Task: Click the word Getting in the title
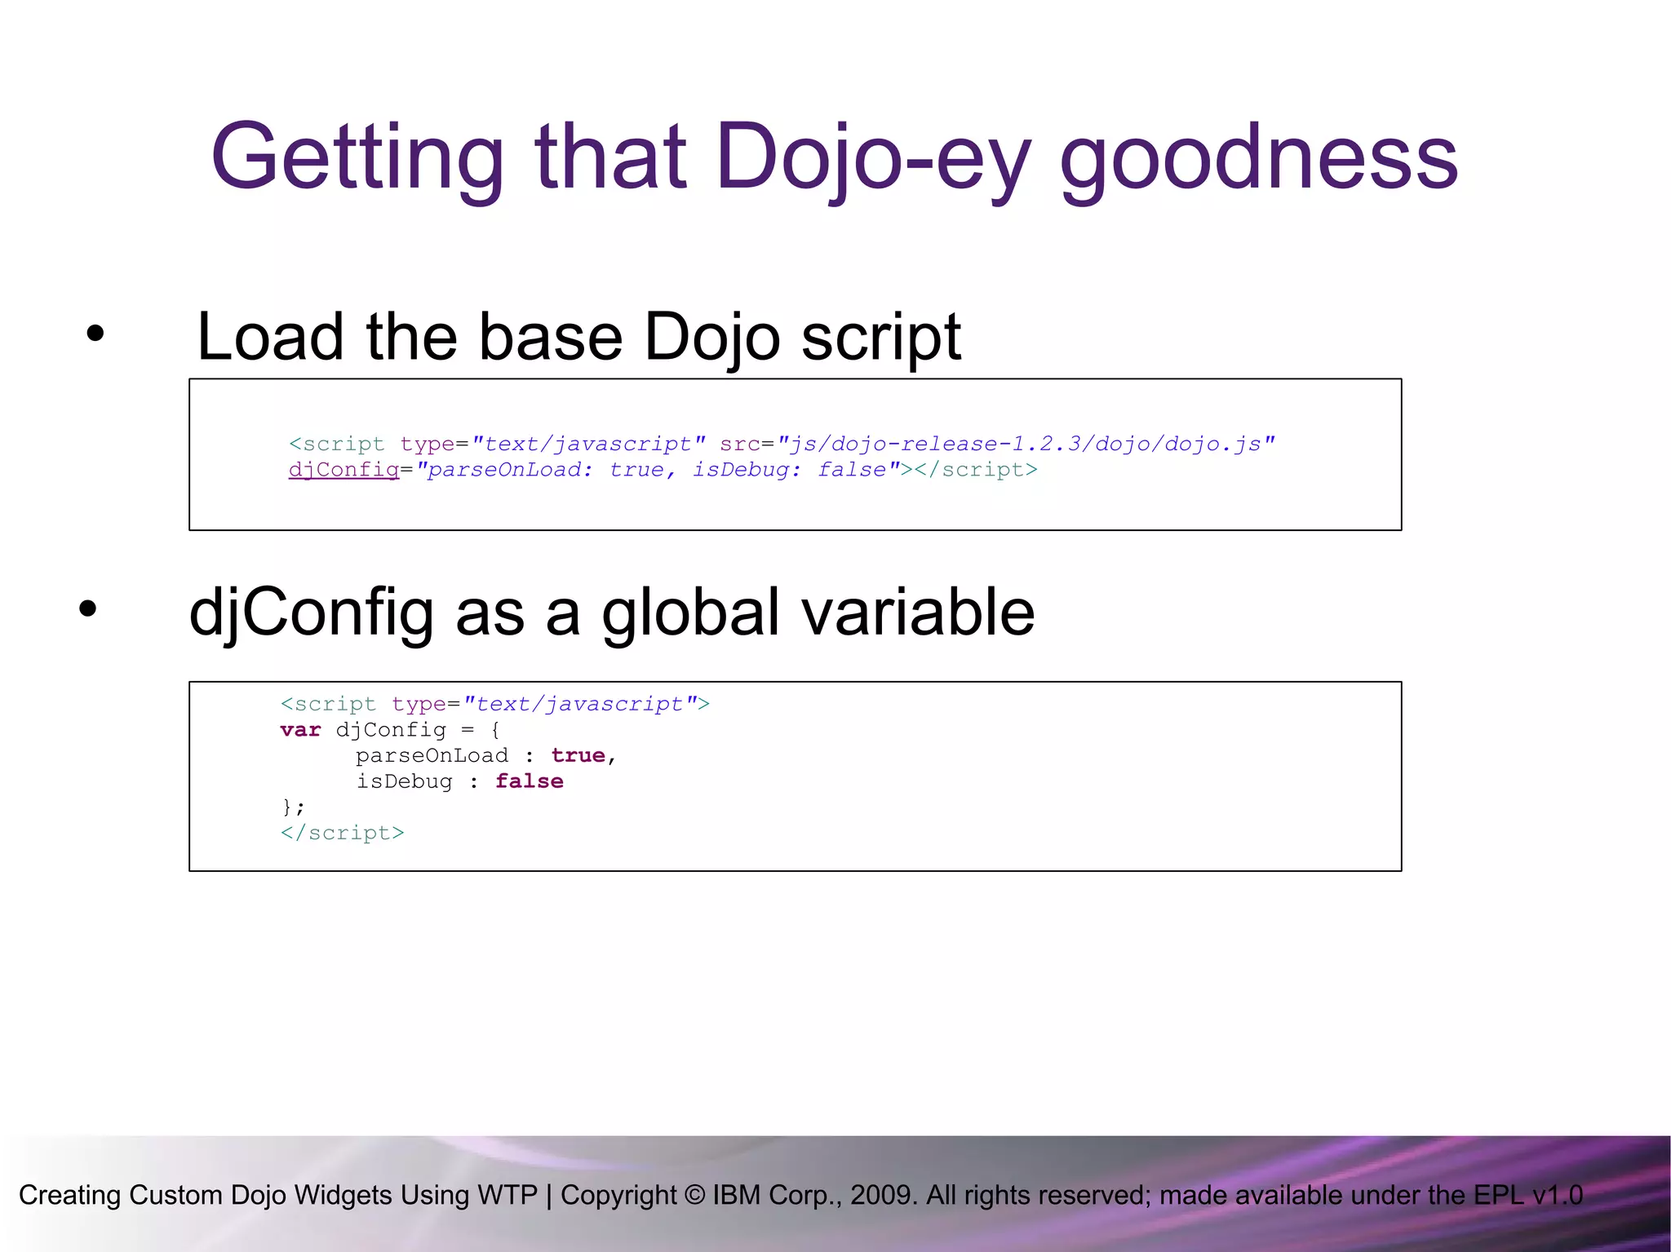357,157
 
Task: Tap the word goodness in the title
1258,157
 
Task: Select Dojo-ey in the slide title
873,157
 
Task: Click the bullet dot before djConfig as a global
88,608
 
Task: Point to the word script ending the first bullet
880,337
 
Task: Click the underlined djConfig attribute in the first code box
344,470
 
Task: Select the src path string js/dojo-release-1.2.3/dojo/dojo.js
1026,444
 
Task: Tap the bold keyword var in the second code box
300,729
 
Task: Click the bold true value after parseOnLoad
578,755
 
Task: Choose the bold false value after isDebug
529,781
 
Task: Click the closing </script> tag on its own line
342,833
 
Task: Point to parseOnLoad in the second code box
432,755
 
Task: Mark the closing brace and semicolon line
293,807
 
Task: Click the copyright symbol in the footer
694,1195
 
